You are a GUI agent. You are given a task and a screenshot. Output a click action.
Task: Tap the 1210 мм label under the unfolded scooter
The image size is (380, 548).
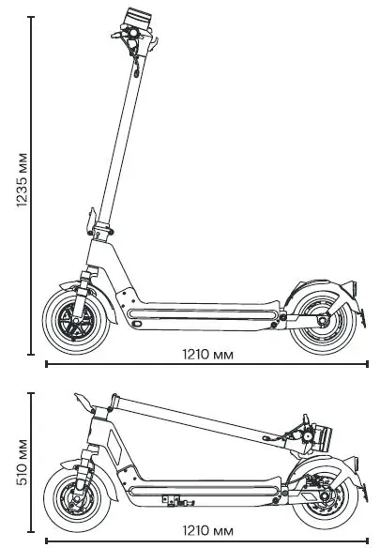tap(207, 354)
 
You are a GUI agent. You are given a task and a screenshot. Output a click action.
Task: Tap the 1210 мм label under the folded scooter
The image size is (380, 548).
tap(207, 528)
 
